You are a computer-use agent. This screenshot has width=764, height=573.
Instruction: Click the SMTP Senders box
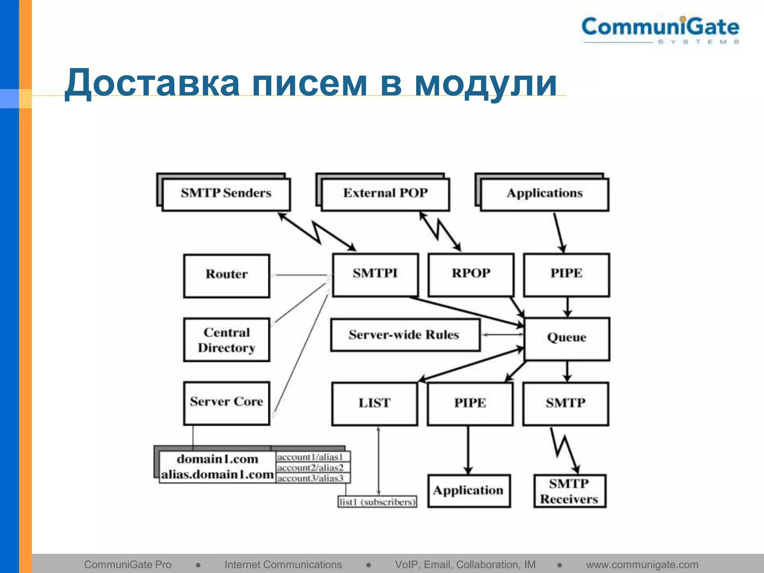tap(226, 194)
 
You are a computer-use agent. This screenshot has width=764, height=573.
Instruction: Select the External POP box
tap(385, 194)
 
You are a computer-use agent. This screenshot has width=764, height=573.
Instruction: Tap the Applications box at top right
tap(545, 194)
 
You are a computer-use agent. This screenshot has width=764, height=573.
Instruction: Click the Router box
tap(226, 275)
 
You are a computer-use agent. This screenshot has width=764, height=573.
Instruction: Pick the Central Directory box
tap(226, 340)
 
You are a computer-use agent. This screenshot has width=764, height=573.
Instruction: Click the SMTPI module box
tap(375, 275)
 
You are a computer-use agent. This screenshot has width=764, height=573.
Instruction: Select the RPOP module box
tap(471, 275)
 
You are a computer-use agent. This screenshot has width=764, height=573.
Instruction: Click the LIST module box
tap(375, 404)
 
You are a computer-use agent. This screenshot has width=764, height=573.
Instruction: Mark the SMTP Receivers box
tap(569, 491)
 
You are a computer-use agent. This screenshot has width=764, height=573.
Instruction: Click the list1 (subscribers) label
tap(377, 502)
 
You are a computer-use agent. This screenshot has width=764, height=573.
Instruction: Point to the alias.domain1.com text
tap(217, 475)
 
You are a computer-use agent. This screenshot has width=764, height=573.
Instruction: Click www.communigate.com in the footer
tap(642, 565)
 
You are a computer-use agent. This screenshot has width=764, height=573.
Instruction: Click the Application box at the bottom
tap(469, 491)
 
